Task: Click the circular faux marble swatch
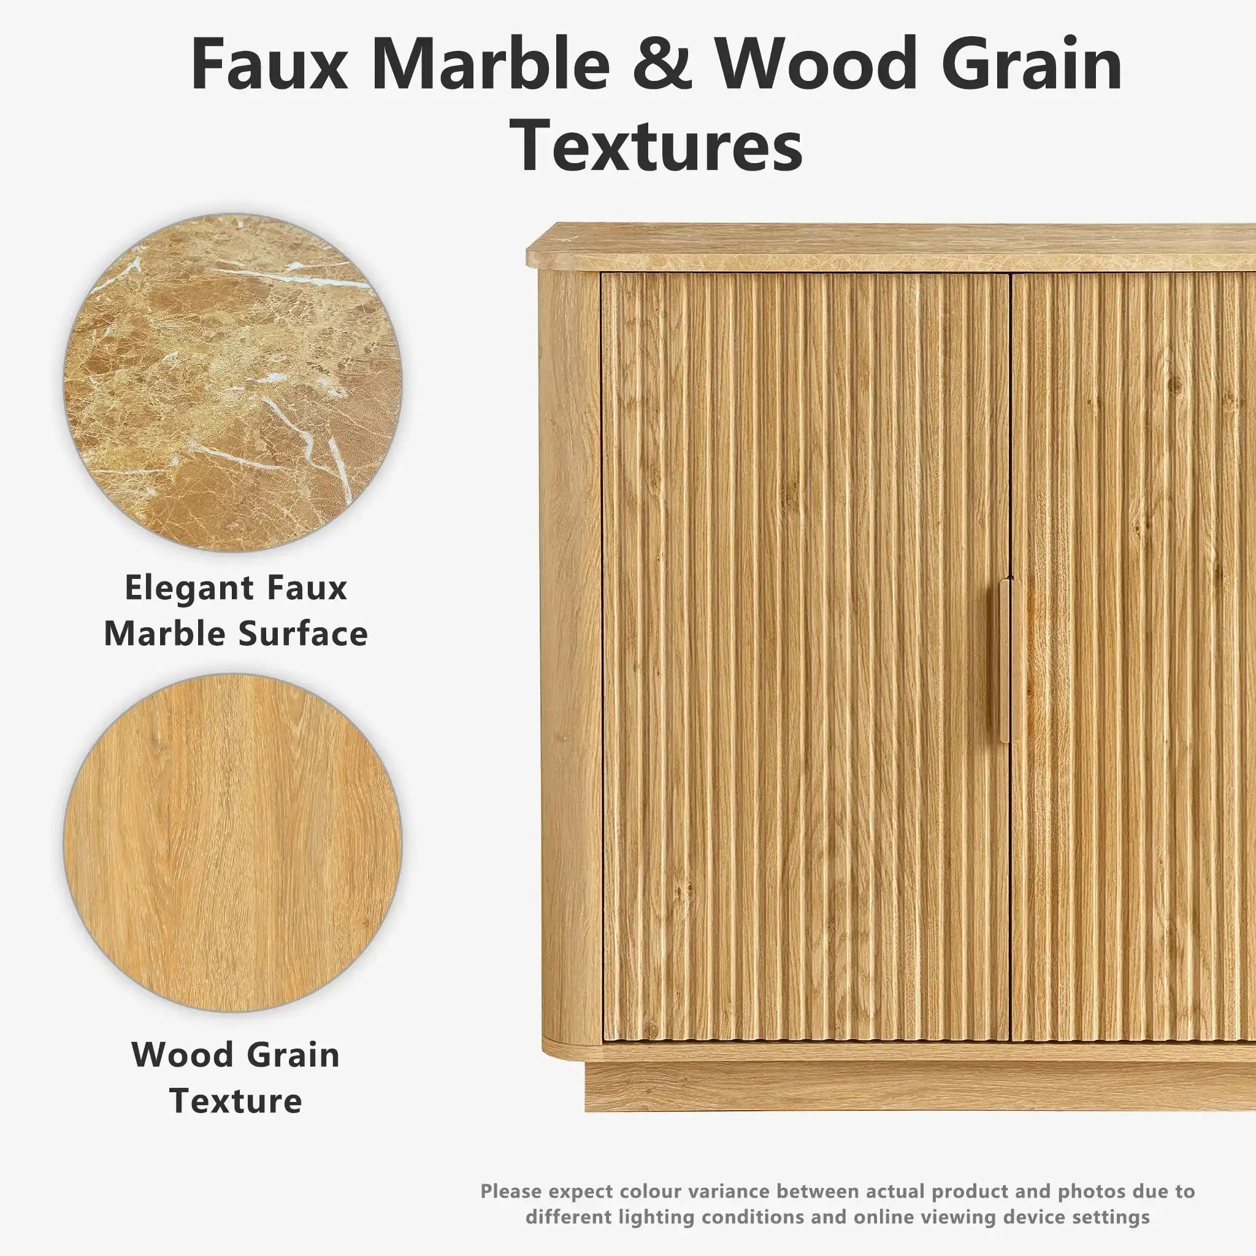click(232, 382)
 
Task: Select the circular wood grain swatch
click(232, 843)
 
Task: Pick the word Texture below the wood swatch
click(235, 1100)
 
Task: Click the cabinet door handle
click(1004, 660)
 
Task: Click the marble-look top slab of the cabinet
click(890, 247)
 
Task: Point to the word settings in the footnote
click(1109, 1199)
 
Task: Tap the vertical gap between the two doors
click(1010, 657)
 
